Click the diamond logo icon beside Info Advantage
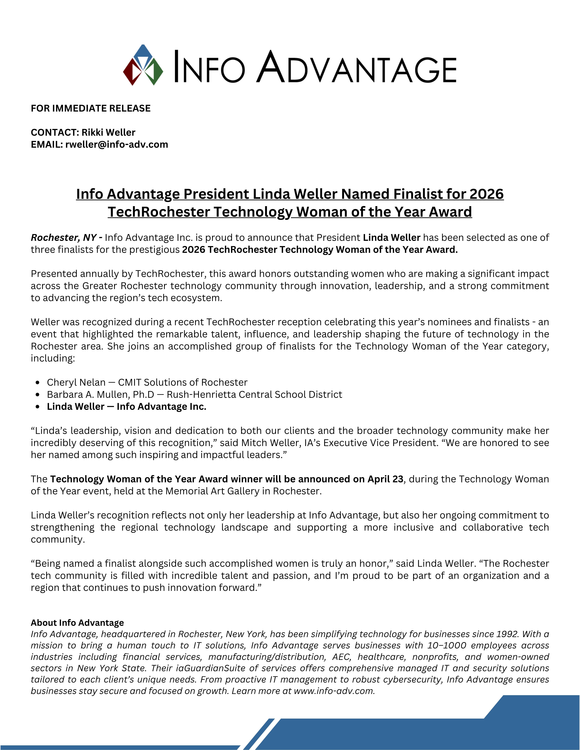pos(143,65)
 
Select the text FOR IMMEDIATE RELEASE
pos(91,109)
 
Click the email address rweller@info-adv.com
pos(117,145)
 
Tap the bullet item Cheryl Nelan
pos(76,382)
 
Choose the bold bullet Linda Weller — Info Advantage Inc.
pos(127,407)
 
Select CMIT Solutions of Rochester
pos(182,382)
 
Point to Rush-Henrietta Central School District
pos(254,395)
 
